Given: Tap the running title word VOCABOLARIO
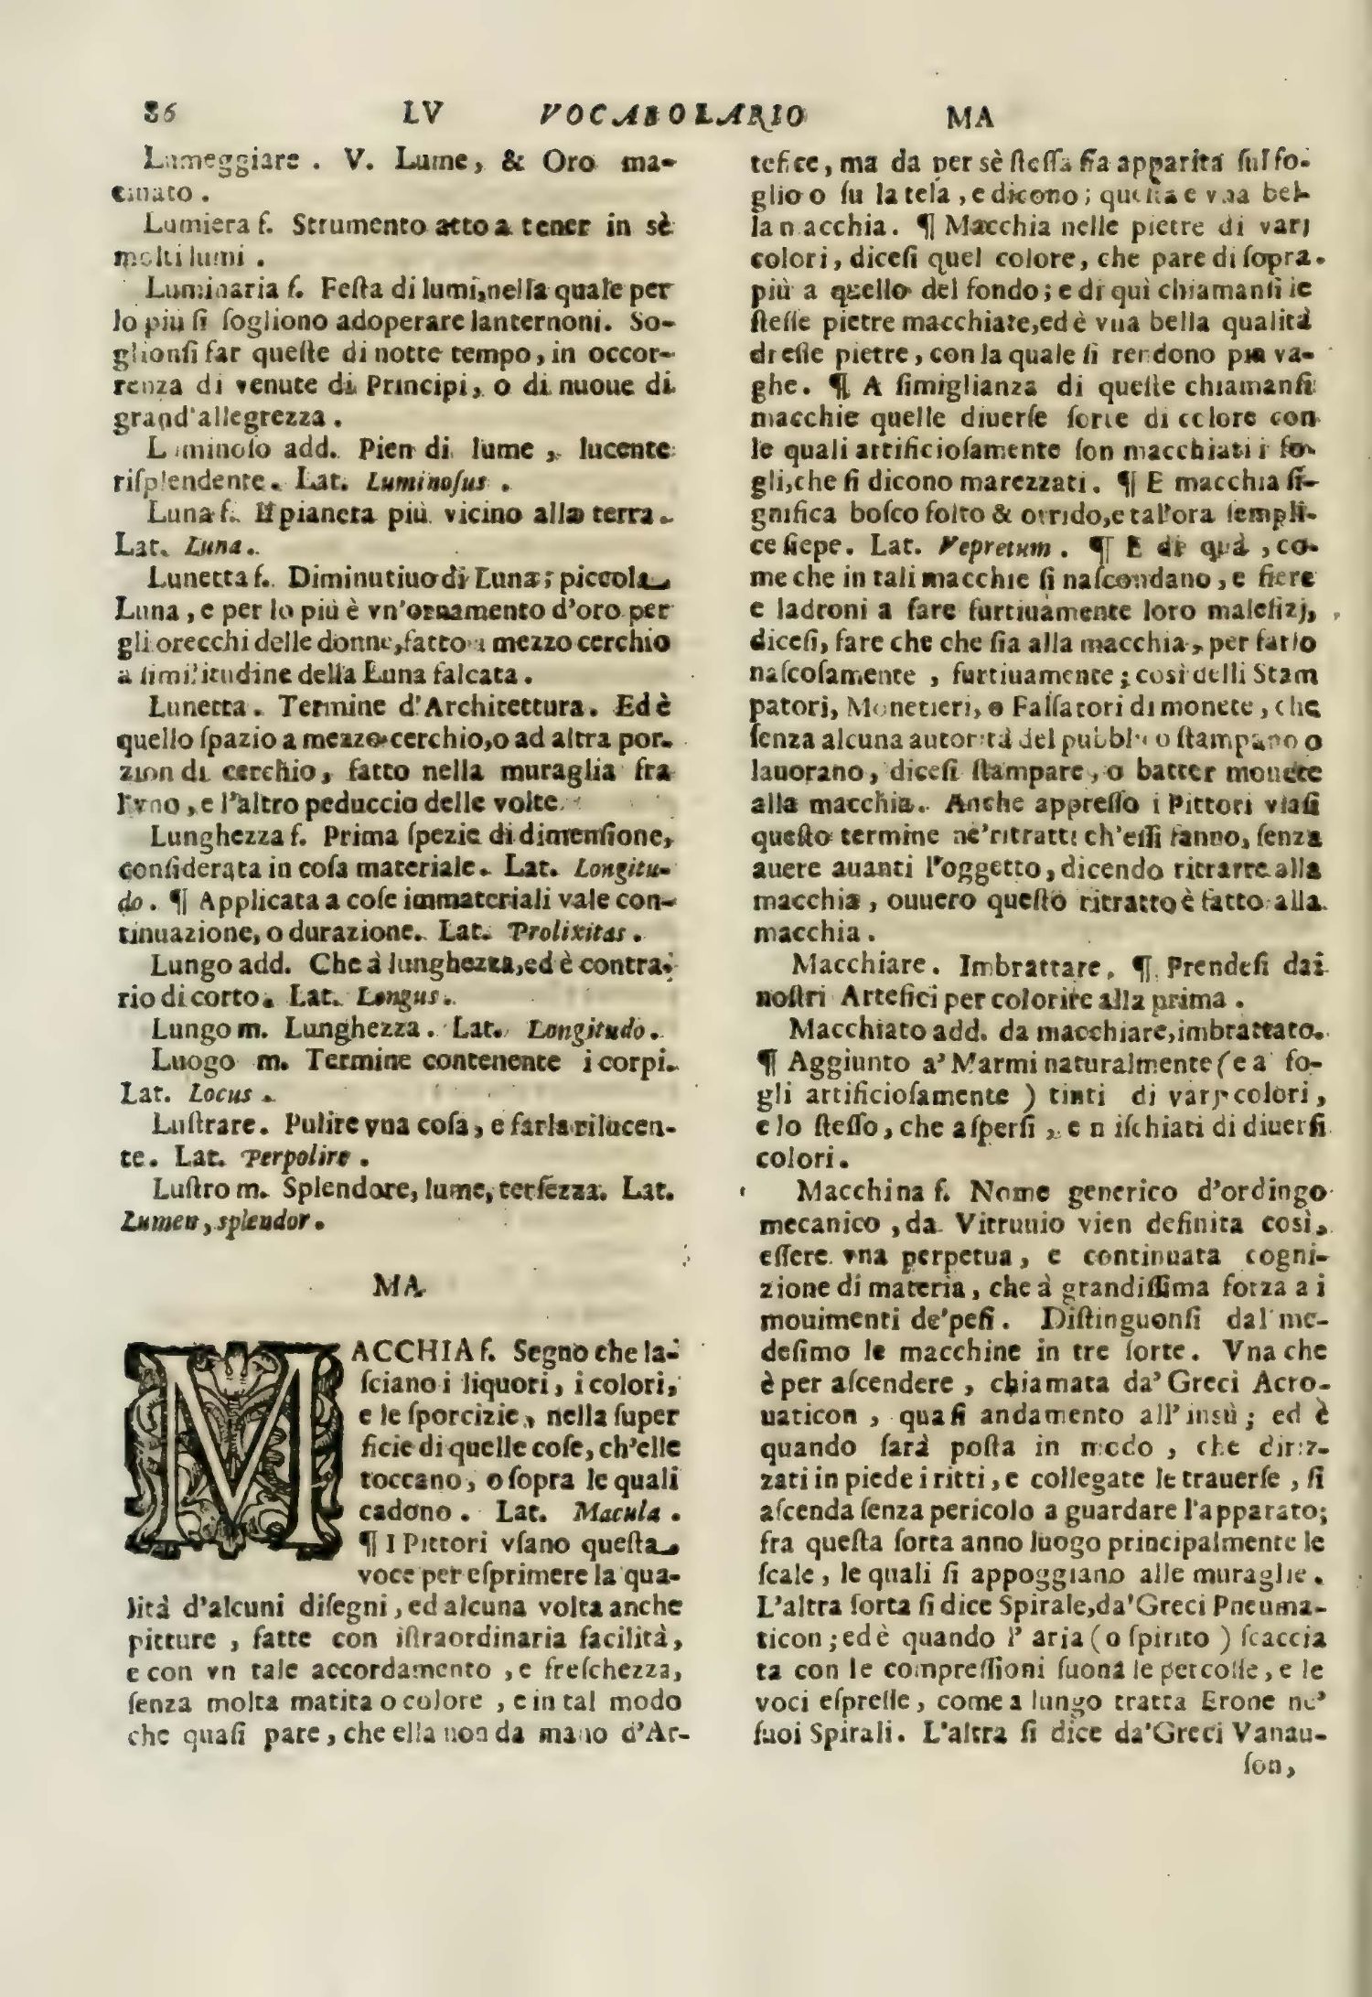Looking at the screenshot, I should (x=670, y=116).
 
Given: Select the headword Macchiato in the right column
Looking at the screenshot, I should (x=852, y=1031).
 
